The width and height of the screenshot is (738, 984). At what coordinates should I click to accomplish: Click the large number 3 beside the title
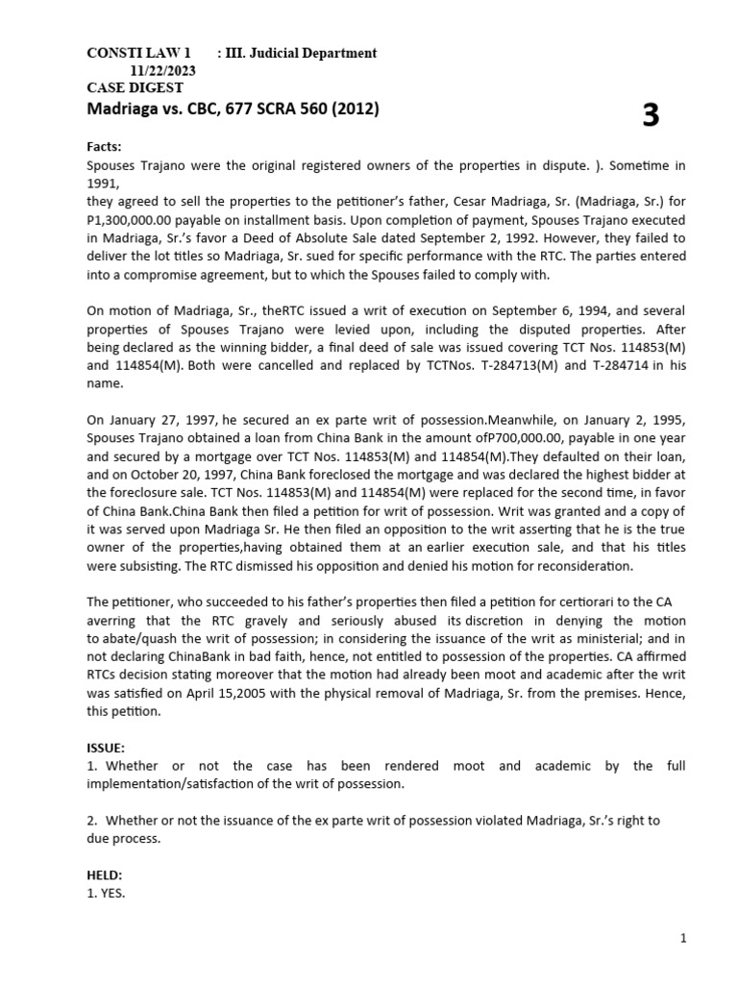(x=651, y=116)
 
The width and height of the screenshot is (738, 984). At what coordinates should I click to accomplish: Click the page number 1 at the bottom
(x=682, y=939)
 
